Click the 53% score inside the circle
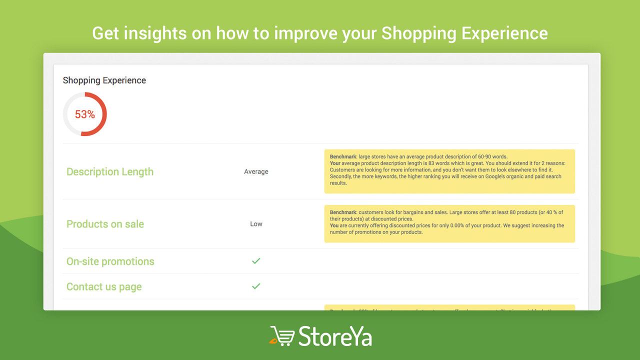tap(84, 114)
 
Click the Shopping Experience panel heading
tap(104, 80)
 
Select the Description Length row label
tap(110, 172)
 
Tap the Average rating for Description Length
tap(256, 172)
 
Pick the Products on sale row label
tap(105, 224)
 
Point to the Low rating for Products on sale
tap(256, 224)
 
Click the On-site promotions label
tap(110, 261)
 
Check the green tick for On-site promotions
tap(256, 261)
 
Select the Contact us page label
tap(104, 287)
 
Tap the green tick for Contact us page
tap(256, 286)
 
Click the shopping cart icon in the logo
tap(282, 336)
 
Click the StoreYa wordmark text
tap(335, 336)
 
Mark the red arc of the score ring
tap(104, 114)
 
